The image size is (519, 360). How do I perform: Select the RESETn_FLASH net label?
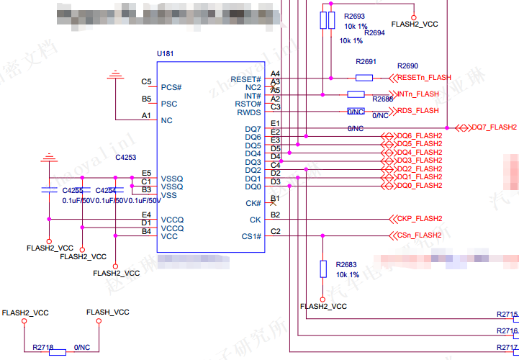pyautogui.click(x=424, y=77)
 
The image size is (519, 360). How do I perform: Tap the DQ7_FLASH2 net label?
pyautogui.click(x=494, y=127)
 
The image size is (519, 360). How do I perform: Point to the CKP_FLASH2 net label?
pyautogui.click(x=419, y=219)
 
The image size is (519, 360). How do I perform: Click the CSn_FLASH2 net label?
pyautogui.click(x=419, y=235)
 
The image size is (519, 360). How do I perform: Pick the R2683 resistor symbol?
pyautogui.click(x=324, y=269)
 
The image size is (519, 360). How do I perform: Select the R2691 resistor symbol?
pyautogui.click(x=364, y=78)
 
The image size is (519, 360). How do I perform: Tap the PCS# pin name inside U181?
pyautogui.click(x=171, y=87)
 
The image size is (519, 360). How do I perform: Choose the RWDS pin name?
pyautogui.click(x=249, y=112)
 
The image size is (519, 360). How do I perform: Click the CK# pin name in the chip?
pyautogui.click(x=253, y=203)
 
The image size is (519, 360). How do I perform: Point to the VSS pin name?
pyautogui.click(x=169, y=195)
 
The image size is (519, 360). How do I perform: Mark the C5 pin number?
pyautogui.click(x=146, y=82)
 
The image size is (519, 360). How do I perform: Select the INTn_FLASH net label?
pyautogui.click(x=418, y=94)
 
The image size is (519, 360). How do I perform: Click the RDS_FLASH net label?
pyautogui.click(x=418, y=111)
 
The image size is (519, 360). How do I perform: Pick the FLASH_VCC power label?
pyautogui.click(x=108, y=312)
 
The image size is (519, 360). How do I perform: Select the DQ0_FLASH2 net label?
pyautogui.click(x=419, y=186)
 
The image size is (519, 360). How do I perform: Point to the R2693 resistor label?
pyautogui.click(x=355, y=16)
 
